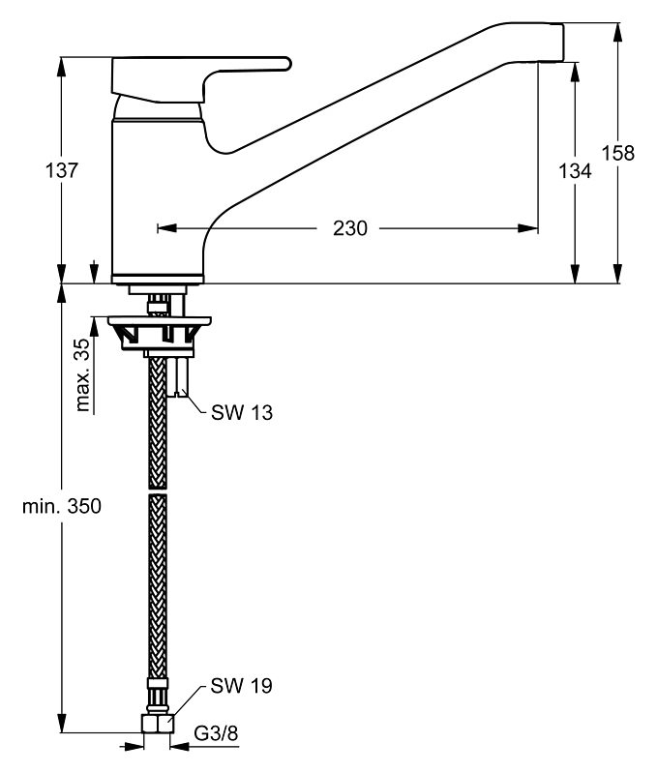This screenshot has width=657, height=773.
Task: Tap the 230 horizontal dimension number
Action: click(x=350, y=229)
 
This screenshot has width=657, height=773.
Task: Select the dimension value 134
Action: click(x=575, y=170)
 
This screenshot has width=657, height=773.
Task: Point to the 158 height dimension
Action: click(x=618, y=152)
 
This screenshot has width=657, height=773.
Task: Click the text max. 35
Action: click(x=83, y=373)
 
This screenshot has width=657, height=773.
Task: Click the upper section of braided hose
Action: click(x=157, y=426)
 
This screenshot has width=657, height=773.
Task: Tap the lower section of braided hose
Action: click(x=157, y=580)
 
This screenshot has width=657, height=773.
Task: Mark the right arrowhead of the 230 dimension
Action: click(x=531, y=229)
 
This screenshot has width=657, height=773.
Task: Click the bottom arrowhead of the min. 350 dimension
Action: click(x=62, y=734)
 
